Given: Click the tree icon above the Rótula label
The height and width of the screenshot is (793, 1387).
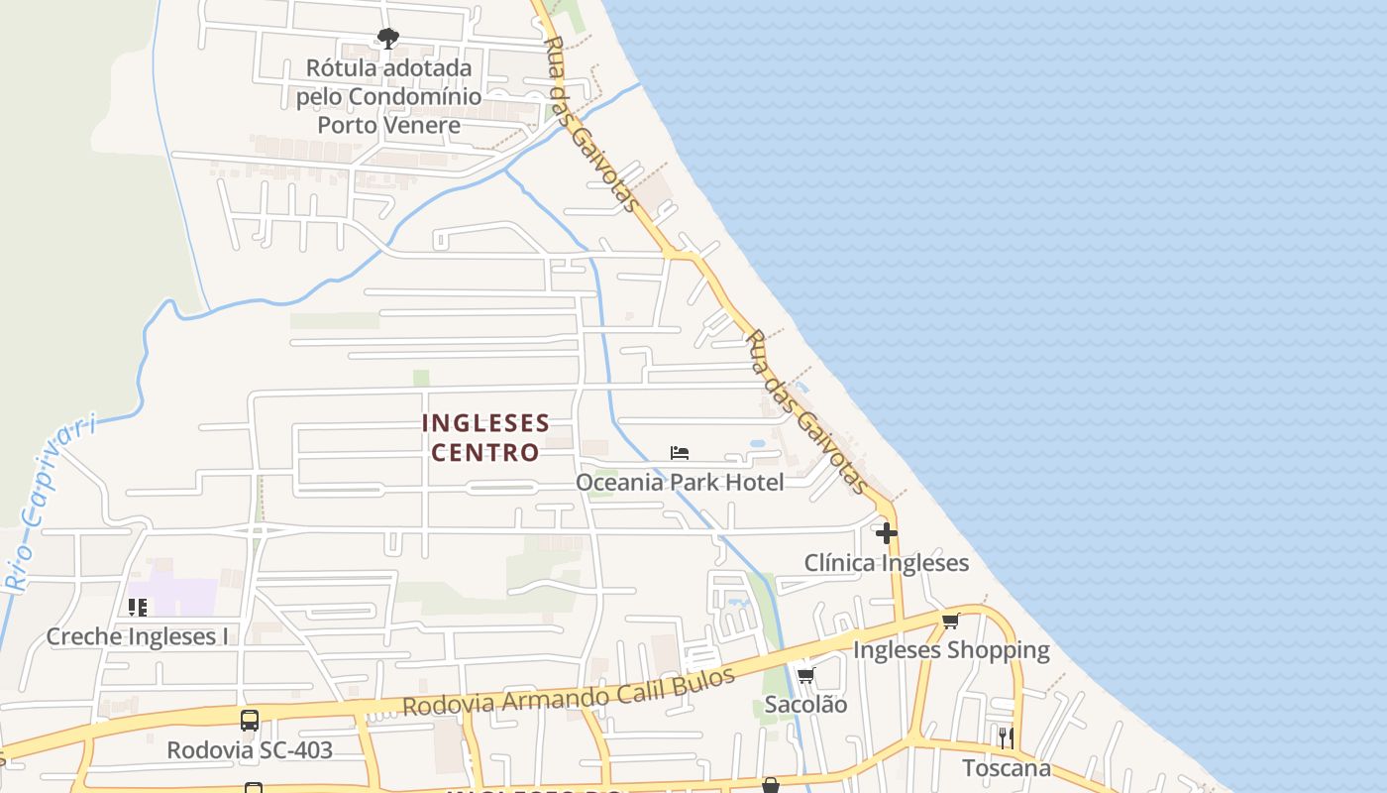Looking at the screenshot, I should tap(388, 39).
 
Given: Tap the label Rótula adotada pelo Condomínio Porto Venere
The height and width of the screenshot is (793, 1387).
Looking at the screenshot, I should tap(388, 96).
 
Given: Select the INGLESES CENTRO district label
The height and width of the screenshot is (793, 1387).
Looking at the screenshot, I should tap(485, 437).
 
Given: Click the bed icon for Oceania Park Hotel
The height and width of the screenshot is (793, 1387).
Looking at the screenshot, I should tap(680, 453).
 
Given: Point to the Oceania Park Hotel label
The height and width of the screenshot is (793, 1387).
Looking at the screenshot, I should tap(680, 483).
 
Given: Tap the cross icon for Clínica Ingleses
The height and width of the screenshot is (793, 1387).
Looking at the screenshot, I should tap(887, 533).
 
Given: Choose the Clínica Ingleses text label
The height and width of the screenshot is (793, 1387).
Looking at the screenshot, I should tap(887, 563).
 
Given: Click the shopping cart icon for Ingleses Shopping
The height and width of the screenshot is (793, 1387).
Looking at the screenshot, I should tap(951, 622).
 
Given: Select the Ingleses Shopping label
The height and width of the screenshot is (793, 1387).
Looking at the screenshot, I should tap(951, 650).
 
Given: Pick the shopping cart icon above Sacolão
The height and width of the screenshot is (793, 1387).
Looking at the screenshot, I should tap(805, 676).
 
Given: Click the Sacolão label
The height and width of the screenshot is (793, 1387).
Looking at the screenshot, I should tap(805, 705).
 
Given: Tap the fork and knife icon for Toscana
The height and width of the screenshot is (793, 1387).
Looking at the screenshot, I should tap(1006, 737).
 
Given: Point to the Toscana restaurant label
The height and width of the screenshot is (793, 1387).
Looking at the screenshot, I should tap(1007, 768).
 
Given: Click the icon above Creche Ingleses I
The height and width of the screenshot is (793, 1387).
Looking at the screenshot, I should tap(138, 607).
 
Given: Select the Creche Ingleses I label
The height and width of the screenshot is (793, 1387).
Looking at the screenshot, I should tap(138, 636).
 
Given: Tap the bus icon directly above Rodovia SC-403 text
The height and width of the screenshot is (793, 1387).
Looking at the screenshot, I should tap(250, 721).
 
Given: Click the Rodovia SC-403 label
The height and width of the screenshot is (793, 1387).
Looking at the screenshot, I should tap(250, 750).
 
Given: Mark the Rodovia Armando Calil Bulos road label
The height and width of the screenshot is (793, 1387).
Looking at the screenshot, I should tap(569, 692).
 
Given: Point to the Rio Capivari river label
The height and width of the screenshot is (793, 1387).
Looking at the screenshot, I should tap(50, 504).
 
